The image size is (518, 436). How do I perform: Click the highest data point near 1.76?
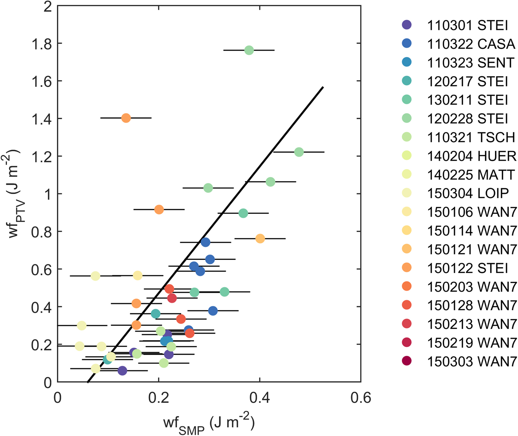[249, 50]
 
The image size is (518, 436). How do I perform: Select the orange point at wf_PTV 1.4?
[126, 118]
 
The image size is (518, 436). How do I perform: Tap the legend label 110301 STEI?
[468, 25]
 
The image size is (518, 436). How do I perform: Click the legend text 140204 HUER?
[472, 156]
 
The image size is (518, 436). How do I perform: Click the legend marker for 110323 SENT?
[407, 62]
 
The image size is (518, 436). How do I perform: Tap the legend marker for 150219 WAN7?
[407, 343]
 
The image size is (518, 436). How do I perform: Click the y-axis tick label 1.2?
[41, 156]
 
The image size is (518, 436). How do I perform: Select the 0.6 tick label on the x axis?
[361, 398]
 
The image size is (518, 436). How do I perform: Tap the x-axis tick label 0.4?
[259, 398]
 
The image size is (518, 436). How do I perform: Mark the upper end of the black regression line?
[323, 87]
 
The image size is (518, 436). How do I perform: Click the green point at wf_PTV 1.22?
[299, 152]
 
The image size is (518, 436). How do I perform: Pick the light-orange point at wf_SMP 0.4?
[260, 239]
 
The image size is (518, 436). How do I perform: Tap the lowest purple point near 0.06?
[122, 371]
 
